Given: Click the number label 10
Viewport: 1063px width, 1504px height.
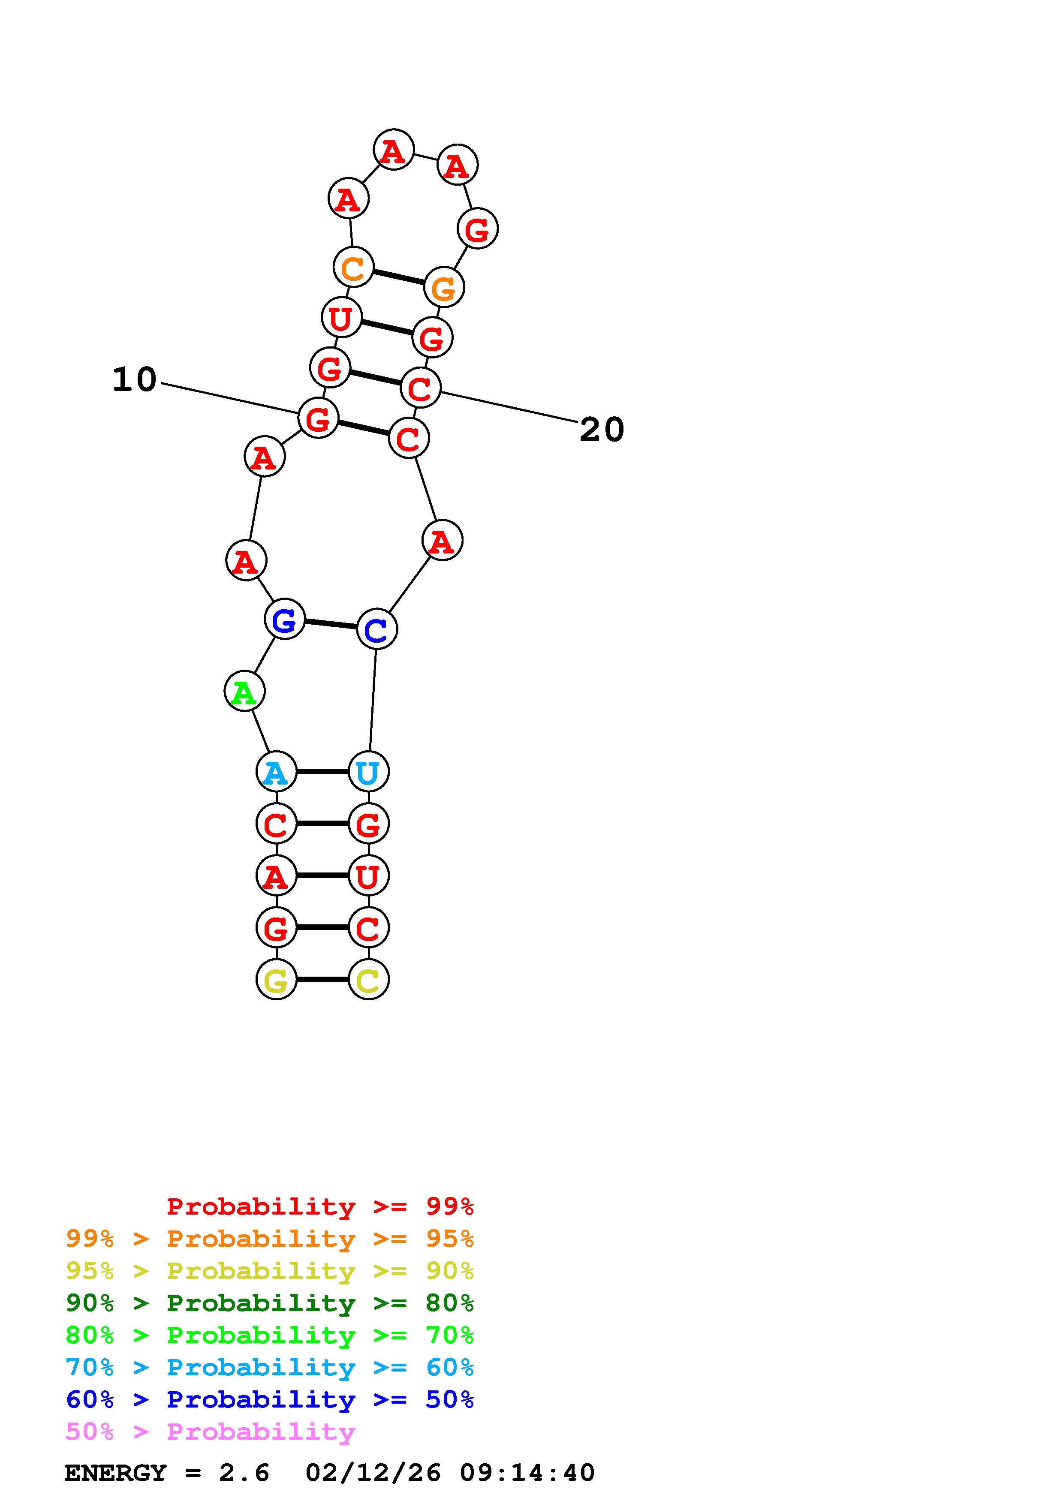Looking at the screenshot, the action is coord(134,380).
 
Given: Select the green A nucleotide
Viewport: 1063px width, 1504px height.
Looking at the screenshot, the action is coord(244,691).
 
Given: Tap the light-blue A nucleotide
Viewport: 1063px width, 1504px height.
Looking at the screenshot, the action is coord(276,772).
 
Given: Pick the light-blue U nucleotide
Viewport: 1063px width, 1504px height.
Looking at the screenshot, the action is coord(368,772).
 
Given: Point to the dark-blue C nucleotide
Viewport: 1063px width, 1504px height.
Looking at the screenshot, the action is coord(376,629).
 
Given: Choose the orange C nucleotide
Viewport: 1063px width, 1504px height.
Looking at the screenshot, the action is coord(353,267).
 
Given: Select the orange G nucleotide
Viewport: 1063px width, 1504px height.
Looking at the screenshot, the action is coord(444,287).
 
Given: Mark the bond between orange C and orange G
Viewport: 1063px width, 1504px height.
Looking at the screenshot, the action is coord(398,277).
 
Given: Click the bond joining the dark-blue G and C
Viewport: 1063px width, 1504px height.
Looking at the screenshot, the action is coord(331,624).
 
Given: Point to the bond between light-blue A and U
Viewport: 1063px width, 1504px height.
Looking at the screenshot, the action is coord(322,772).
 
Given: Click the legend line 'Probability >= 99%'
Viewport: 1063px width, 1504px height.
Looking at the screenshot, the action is coord(320,1206).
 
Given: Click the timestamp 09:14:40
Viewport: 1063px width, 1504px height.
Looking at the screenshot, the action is coord(527,1473).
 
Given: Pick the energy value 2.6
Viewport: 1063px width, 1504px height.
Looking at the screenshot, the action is coord(244,1473).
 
